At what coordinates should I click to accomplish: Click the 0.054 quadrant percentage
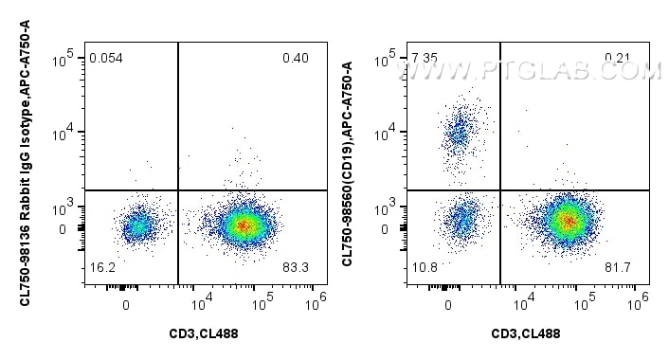[x=106, y=59]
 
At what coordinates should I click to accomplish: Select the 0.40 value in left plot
[x=295, y=59]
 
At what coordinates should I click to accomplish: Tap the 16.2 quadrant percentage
[x=101, y=269]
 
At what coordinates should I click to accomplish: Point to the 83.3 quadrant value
[x=295, y=269]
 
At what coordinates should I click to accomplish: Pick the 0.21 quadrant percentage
[x=617, y=59]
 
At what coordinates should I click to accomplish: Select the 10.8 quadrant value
[x=424, y=269]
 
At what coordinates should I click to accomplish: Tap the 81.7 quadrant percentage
[x=617, y=269]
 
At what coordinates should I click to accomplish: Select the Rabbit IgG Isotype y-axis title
[x=24, y=175]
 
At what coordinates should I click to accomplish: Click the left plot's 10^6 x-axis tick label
[x=316, y=302]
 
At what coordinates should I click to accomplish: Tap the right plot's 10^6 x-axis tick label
[x=639, y=302]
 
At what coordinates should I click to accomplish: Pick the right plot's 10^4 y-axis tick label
[x=387, y=133]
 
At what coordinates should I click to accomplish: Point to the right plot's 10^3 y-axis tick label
[x=387, y=209]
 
